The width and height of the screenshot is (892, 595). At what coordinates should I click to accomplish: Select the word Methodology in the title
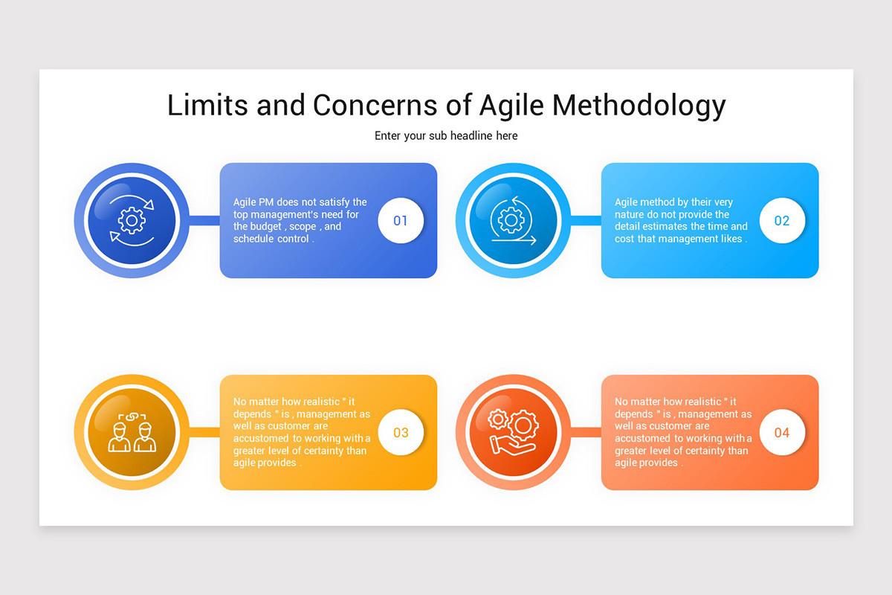639,105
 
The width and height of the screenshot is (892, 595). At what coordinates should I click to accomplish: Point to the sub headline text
446,136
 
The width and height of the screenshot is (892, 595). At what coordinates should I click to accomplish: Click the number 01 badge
401,220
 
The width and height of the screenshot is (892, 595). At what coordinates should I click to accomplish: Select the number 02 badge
782,220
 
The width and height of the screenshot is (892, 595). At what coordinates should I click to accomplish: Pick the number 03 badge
401,432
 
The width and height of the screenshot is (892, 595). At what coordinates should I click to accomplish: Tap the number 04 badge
782,432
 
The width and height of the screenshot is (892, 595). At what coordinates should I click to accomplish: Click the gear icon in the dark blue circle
132,220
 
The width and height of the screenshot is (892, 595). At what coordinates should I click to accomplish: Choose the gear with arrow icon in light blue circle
513,220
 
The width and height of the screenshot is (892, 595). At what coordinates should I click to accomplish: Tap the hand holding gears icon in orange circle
513,432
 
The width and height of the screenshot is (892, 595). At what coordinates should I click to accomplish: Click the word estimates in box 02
682,227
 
